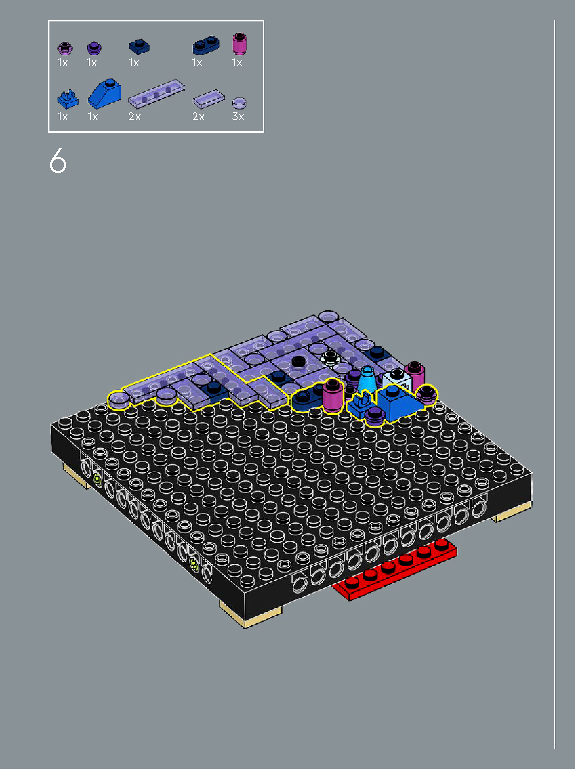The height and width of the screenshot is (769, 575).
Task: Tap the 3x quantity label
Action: pos(238,116)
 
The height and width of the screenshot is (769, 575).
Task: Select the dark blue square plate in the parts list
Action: pos(139,47)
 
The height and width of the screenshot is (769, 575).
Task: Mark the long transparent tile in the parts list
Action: pos(156,94)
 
